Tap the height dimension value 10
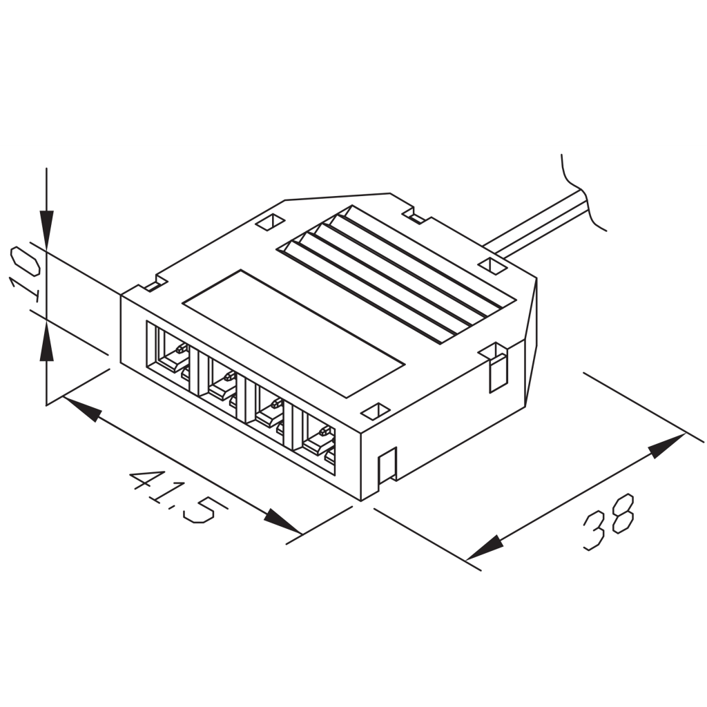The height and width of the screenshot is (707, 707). pos(25,274)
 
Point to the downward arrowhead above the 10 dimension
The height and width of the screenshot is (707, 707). pos(46,228)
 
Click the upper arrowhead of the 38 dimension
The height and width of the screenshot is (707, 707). pos(666,445)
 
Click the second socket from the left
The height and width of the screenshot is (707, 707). pos(222,380)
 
